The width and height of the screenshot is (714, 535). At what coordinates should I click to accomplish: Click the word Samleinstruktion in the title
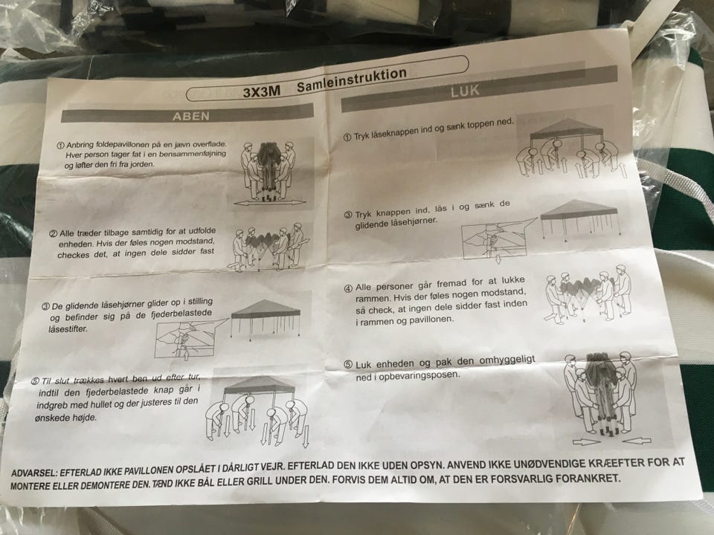pos(352,80)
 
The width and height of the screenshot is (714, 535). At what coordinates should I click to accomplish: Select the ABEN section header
pos(191,117)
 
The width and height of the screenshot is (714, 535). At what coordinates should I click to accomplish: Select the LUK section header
pos(465,91)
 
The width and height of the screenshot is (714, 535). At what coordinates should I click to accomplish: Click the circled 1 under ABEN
pos(60,146)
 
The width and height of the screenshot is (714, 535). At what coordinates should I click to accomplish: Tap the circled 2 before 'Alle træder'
pos(54,234)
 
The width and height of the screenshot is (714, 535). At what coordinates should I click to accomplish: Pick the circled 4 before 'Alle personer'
pos(348,288)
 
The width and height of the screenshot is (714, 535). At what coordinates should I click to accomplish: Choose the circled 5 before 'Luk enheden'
pos(348,365)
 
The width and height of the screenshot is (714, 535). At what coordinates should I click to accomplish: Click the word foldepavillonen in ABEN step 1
pos(120,145)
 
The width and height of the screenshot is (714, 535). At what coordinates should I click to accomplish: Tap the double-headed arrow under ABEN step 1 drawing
pos(271,203)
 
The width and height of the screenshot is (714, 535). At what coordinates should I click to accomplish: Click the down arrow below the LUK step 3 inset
pos(498,259)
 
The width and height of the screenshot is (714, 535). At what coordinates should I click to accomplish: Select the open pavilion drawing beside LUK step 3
pos(579,219)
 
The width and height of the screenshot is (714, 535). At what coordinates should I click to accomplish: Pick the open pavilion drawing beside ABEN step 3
pos(266,318)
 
